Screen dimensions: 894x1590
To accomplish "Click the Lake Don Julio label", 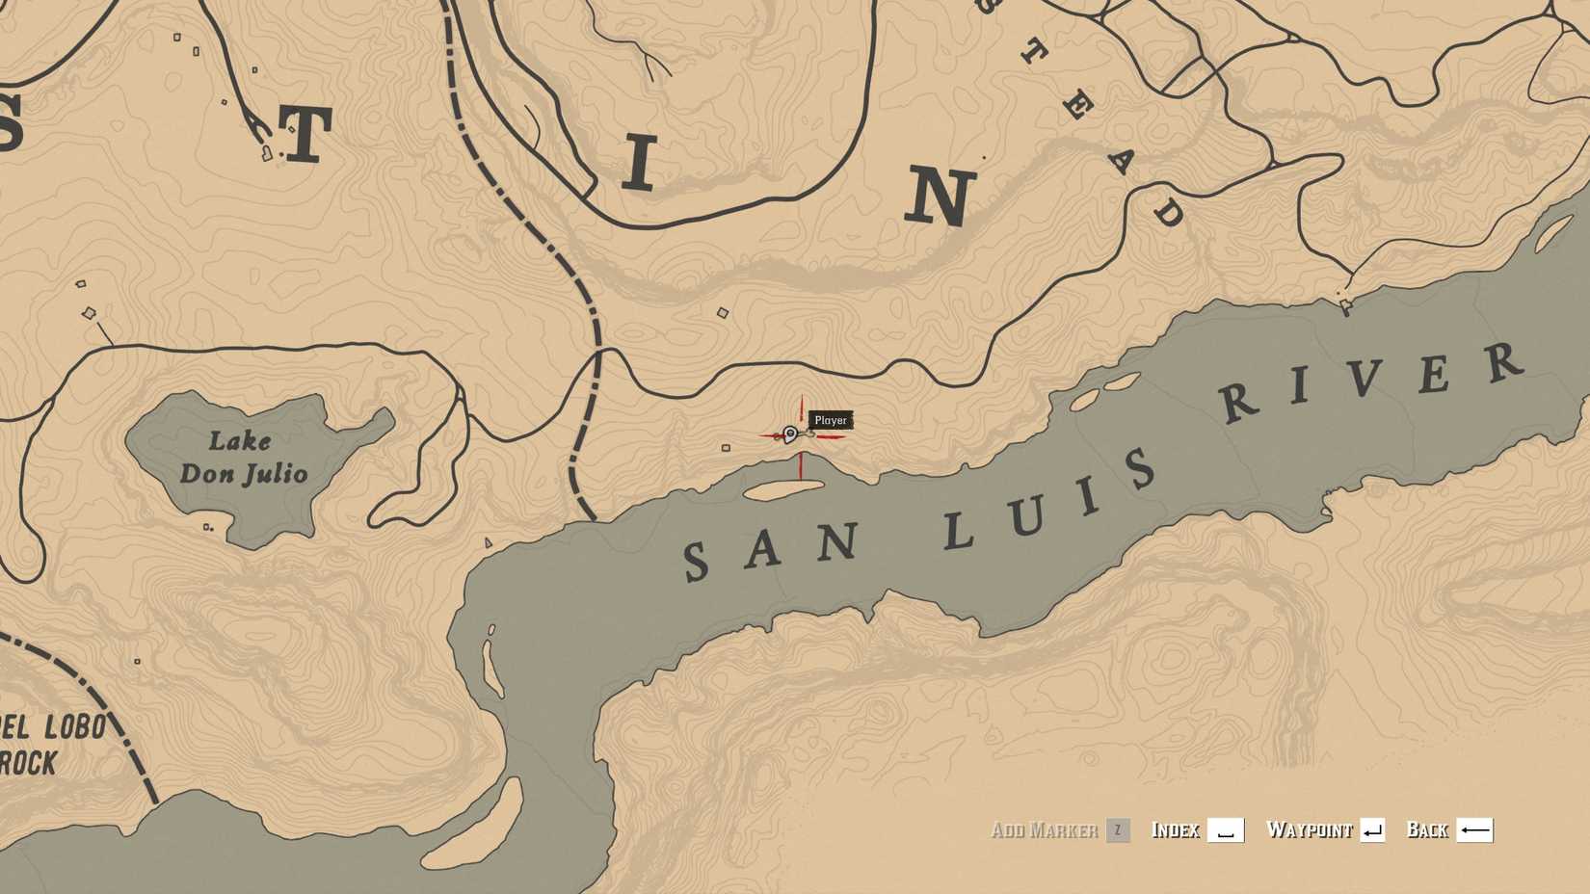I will click(243, 458).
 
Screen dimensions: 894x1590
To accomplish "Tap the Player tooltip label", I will click(831, 420).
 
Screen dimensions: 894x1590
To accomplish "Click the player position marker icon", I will click(790, 434).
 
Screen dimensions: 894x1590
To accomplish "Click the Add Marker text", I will click(1045, 830).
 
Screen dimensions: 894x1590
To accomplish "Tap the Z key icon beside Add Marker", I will click(1118, 830).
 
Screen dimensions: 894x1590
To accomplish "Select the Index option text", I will click(1176, 830).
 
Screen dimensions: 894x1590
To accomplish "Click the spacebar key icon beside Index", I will click(1226, 830).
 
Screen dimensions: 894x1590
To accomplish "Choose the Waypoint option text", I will click(1310, 830).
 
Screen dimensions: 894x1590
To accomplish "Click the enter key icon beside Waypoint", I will click(1373, 830).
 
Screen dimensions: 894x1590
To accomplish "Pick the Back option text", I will click(1427, 830).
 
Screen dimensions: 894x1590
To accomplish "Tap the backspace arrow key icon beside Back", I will click(1474, 830).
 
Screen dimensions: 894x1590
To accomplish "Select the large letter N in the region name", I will click(940, 196).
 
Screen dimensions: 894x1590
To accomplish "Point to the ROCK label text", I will click(29, 764).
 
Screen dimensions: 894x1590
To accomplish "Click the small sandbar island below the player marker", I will click(783, 490).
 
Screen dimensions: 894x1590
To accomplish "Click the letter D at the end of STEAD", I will click(1168, 212).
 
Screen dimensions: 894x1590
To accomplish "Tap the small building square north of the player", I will click(723, 312).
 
